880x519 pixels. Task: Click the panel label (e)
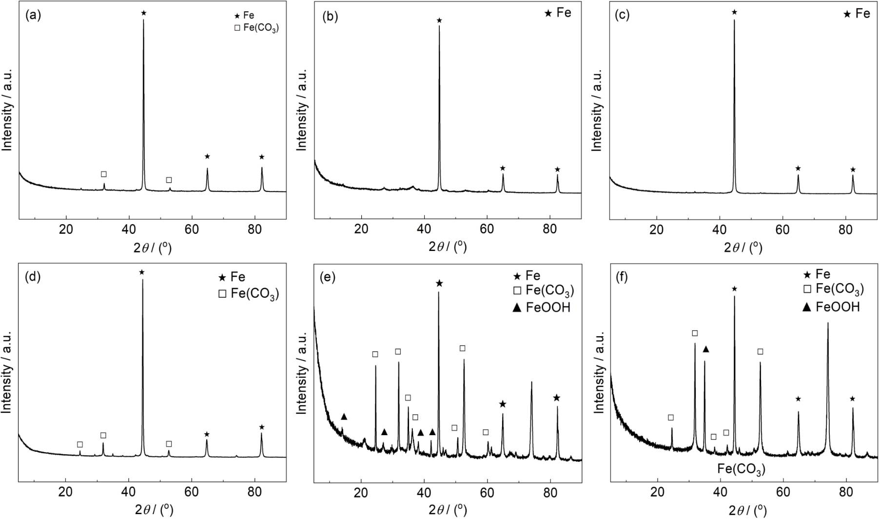pyautogui.click(x=330, y=278)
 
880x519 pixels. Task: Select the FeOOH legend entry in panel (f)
pyautogui.click(x=831, y=307)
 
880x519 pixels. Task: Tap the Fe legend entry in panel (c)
pyautogui.click(x=857, y=14)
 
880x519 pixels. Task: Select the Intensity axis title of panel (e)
pyautogui.click(x=302, y=373)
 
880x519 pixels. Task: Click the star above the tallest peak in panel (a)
pyautogui.click(x=143, y=13)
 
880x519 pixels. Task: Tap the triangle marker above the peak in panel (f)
pyautogui.click(x=705, y=349)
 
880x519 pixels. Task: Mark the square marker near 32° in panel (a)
pyautogui.click(x=103, y=174)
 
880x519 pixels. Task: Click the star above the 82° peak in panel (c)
pyautogui.click(x=853, y=170)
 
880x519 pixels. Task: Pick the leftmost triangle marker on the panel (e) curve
pyautogui.click(x=344, y=416)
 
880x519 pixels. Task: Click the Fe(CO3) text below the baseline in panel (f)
pyautogui.click(x=741, y=470)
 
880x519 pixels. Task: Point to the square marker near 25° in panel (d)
pyautogui.click(x=80, y=444)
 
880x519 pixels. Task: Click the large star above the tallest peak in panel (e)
pyautogui.click(x=439, y=283)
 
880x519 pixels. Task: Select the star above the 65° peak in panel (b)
pyautogui.click(x=503, y=168)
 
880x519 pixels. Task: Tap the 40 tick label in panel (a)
pyautogui.click(x=129, y=229)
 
